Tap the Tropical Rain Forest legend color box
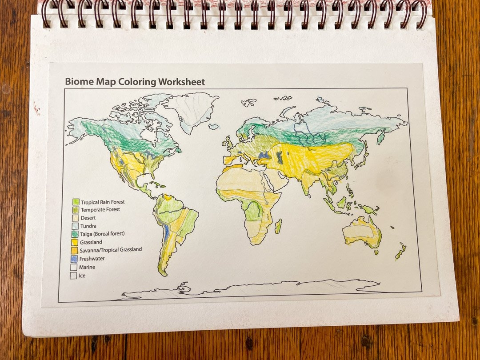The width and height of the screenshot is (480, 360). (76, 202)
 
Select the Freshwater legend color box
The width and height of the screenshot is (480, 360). (75, 259)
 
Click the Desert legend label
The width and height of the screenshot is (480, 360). (88, 218)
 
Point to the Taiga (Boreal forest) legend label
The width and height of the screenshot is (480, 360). (102, 234)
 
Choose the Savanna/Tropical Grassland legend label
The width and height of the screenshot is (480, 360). (111, 250)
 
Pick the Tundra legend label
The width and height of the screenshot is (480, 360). (88, 226)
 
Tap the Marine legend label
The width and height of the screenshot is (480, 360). (87, 267)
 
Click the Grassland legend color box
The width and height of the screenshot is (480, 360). (75, 242)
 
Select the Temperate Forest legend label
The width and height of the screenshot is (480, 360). (100, 209)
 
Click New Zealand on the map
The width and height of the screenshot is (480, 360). (400, 252)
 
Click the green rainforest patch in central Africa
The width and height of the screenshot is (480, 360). (254, 210)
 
